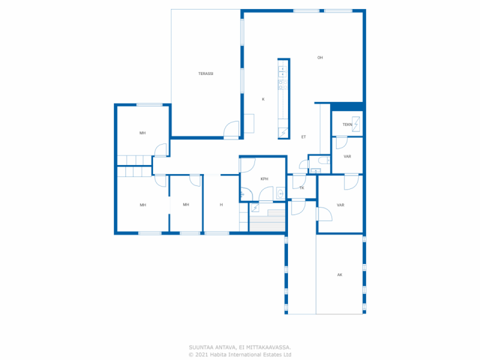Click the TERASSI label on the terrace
(x=205, y=73)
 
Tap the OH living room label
(x=320, y=58)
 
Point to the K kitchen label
(x=263, y=99)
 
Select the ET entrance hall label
(x=303, y=137)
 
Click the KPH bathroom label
(x=264, y=179)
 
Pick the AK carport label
(x=340, y=275)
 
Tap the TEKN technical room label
(x=347, y=124)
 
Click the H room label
(x=221, y=205)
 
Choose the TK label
(x=302, y=188)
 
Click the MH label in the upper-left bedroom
(x=142, y=133)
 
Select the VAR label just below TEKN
(x=347, y=156)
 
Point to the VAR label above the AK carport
(x=340, y=205)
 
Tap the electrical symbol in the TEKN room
(x=356, y=124)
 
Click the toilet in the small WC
(x=324, y=160)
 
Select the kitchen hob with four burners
(x=283, y=85)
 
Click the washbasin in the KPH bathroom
(x=280, y=193)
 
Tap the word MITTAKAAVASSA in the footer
(x=268, y=347)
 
